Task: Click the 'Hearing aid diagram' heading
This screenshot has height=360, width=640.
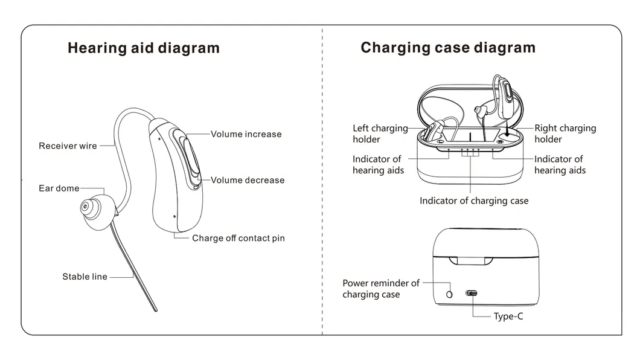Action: [143, 48]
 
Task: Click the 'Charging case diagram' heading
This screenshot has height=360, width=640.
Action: [447, 48]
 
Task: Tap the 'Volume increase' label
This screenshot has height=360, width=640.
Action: [246, 134]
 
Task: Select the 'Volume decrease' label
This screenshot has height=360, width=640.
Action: [247, 180]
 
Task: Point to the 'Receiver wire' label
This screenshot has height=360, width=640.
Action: [68, 146]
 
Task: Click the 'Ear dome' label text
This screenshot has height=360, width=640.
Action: [59, 188]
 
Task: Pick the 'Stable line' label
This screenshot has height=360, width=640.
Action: [85, 277]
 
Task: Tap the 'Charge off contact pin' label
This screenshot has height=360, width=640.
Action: [238, 238]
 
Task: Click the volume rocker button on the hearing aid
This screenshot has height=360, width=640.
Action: [188, 158]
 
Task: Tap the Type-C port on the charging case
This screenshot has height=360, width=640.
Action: [472, 293]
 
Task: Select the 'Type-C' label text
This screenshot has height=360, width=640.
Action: [508, 316]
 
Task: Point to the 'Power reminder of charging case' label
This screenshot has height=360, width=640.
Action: [380, 289]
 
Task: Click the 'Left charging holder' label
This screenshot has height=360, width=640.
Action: [380, 133]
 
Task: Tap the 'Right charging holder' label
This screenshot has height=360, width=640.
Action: [565, 133]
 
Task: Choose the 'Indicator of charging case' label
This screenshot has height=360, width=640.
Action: [474, 201]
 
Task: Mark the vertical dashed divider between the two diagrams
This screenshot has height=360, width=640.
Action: [322, 181]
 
